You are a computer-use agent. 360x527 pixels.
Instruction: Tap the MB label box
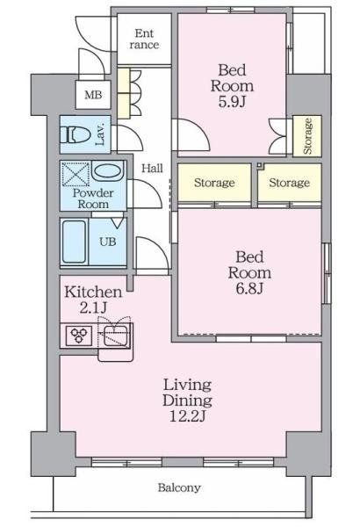tap(93, 95)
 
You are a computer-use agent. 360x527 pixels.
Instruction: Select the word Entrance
tap(144, 39)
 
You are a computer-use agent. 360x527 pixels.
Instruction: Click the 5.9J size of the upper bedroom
tap(232, 101)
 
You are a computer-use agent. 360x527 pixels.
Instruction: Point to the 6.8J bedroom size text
tap(249, 288)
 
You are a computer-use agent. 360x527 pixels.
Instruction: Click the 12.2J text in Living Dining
tap(187, 416)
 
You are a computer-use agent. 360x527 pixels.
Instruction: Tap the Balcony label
tap(179, 487)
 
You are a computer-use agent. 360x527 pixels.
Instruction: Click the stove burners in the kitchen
tap(79, 336)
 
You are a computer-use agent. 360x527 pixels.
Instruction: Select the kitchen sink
tap(115, 336)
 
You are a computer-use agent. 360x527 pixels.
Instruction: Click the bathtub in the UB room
tap(74, 242)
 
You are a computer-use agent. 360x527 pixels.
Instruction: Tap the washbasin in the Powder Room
tap(108, 171)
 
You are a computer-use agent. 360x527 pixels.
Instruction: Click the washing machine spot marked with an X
tap(76, 174)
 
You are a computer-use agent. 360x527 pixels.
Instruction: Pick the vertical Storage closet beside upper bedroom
tap(307, 136)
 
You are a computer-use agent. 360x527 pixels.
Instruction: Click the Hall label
tap(152, 168)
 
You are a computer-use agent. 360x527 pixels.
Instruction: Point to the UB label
tap(108, 242)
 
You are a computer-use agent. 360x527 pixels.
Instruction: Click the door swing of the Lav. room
tap(129, 138)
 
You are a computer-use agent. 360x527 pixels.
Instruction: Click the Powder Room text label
tap(93, 199)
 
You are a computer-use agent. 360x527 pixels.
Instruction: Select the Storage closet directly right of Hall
tap(214, 183)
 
